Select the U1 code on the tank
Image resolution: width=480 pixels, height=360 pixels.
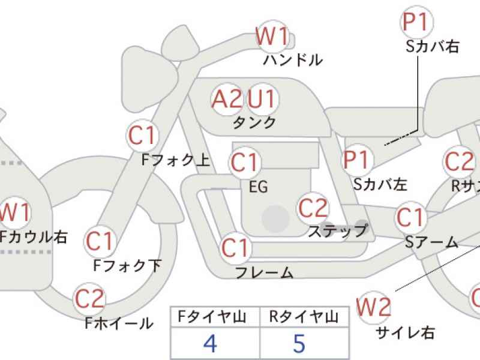262,98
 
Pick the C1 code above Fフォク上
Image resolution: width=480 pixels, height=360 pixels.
142,136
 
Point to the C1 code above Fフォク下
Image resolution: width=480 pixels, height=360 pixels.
100,241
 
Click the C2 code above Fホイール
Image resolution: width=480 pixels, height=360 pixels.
89,298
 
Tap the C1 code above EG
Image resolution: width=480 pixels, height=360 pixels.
245,162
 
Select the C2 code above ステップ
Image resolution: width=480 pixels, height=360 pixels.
313,208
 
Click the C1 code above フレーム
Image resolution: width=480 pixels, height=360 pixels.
235,248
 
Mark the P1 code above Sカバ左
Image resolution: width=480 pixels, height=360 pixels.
358,160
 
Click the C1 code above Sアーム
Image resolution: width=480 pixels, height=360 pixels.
411,217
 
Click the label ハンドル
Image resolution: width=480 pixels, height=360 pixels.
293,60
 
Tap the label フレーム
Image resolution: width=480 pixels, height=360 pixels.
264,273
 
